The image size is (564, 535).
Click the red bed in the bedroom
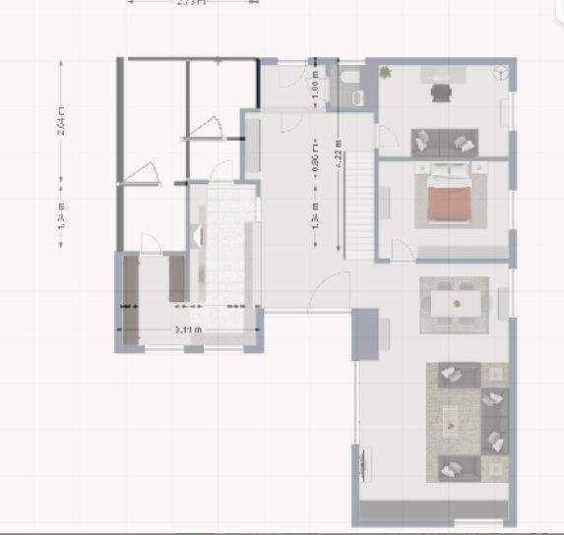[x=450, y=202]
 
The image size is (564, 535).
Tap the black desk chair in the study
[x=440, y=92]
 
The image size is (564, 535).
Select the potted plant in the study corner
[x=386, y=72]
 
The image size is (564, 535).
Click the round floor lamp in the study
[x=502, y=71]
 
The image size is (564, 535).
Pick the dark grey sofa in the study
[x=445, y=141]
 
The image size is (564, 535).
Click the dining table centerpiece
[x=456, y=303]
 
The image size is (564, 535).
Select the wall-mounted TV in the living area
[x=362, y=461]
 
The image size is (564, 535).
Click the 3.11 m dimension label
[x=188, y=330]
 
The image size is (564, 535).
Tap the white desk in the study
[x=446, y=75]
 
